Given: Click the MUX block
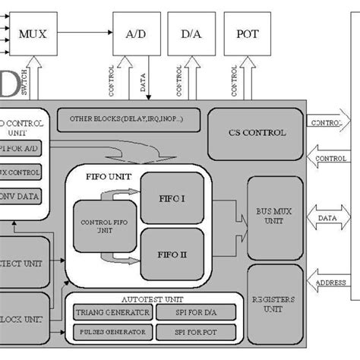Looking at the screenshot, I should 31,34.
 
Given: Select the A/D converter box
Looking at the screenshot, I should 137,34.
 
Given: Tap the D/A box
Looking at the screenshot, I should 191,34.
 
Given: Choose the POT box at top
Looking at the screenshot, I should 248,34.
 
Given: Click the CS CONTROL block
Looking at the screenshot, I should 257,133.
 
